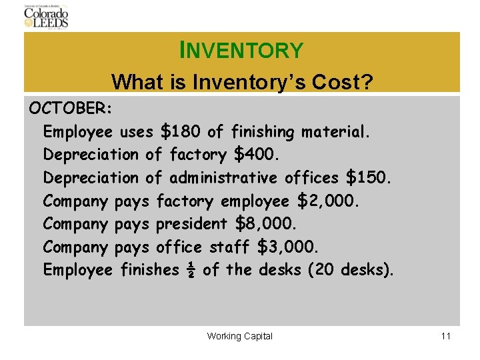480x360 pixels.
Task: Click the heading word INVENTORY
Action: click(x=241, y=50)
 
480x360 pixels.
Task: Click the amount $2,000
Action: click(x=329, y=201)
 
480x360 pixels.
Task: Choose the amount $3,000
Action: click(x=289, y=247)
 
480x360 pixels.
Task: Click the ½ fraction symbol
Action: click(x=191, y=270)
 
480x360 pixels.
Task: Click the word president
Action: click(x=192, y=225)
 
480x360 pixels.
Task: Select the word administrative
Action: click(x=223, y=178)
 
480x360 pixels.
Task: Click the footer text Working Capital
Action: click(x=240, y=336)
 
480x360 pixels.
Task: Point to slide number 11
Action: click(x=446, y=336)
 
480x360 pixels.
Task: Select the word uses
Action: click(x=137, y=132)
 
